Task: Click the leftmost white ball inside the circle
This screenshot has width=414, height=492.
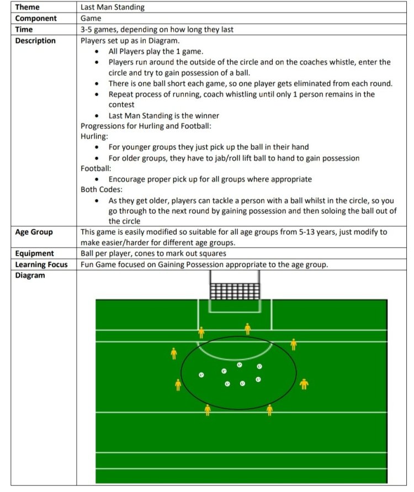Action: pyautogui.click(x=201, y=374)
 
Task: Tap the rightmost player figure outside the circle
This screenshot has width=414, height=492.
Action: pyautogui.click(x=304, y=384)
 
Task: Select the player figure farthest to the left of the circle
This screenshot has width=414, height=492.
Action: pyautogui.click(x=174, y=353)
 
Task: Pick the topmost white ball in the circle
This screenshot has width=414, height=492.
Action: pyautogui.click(x=240, y=364)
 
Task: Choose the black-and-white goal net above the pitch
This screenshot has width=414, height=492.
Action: pyautogui.click(x=235, y=291)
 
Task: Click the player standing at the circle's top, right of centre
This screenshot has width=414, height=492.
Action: pyautogui.click(x=248, y=329)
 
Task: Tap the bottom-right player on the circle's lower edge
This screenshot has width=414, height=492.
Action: pyautogui.click(x=270, y=410)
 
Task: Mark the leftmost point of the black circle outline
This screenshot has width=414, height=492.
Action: pyautogui.click(x=181, y=373)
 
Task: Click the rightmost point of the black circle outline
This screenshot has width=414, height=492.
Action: pyautogui.click(x=297, y=373)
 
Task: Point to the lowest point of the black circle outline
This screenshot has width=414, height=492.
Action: pyautogui.click(x=239, y=410)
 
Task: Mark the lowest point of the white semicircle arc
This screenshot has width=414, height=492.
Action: pyautogui.click(x=235, y=360)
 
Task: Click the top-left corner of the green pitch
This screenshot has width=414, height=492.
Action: pyautogui.click(x=95, y=300)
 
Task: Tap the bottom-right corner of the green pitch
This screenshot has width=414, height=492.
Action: pyautogui.click(x=388, y=483)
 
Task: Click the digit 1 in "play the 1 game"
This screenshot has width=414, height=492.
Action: pyautogui.click(x=178, y=51)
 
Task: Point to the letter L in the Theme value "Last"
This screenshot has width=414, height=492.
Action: pyautogui.click(x=82, y=7)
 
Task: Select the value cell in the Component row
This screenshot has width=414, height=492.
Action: pyautogui.click(x=242, y=18)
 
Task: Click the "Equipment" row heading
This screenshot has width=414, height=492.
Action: pyautogui.click(x=34, y=253)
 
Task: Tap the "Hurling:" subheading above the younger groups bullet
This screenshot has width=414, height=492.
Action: pyautogui.click(x=94, y=136)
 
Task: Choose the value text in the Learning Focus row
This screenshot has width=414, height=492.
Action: pyautogui.click(x=204, y=264)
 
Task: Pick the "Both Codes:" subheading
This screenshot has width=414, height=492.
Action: pyautogui.click(x=102, y=189)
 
